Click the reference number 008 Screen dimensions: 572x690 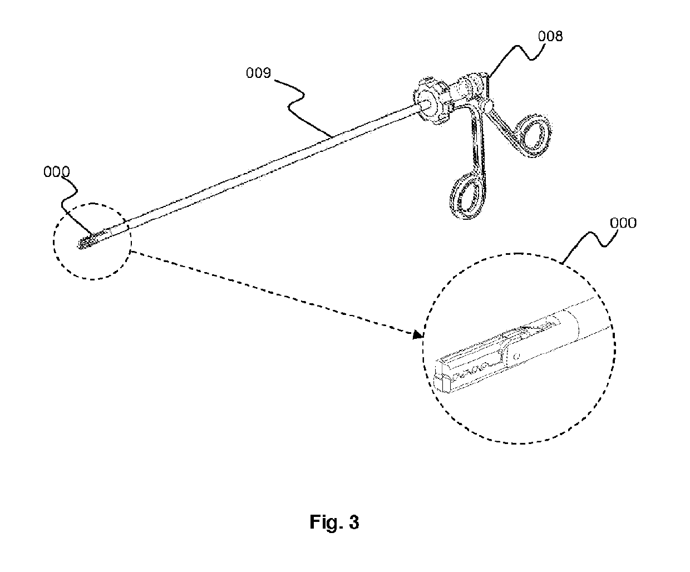coord(550,37)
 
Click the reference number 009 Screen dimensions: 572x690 coord(259,73)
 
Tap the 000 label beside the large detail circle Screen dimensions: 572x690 coord(623,223)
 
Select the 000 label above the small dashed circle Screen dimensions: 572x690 coord(57,172)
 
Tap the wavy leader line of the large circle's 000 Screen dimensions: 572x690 coord(590,242)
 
